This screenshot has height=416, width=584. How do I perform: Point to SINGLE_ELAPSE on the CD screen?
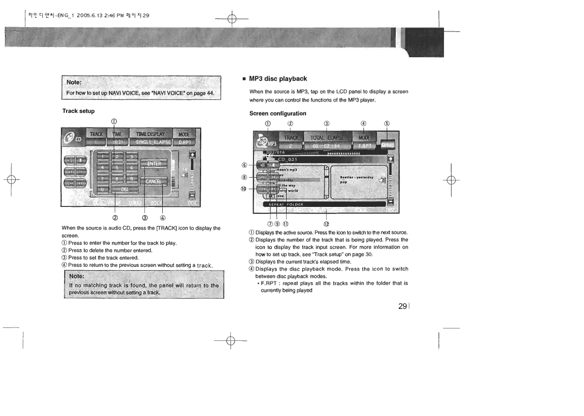[x=153, y=142]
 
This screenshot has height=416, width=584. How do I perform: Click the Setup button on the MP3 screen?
[x=388, y=145]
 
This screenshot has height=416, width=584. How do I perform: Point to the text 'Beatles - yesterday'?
[x=355, y=177]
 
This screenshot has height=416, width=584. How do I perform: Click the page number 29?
[x=402, y=306]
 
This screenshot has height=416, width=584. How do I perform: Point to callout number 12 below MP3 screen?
[x=326, y=224]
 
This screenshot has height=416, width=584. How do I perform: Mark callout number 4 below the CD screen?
[x=162, y=218]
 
